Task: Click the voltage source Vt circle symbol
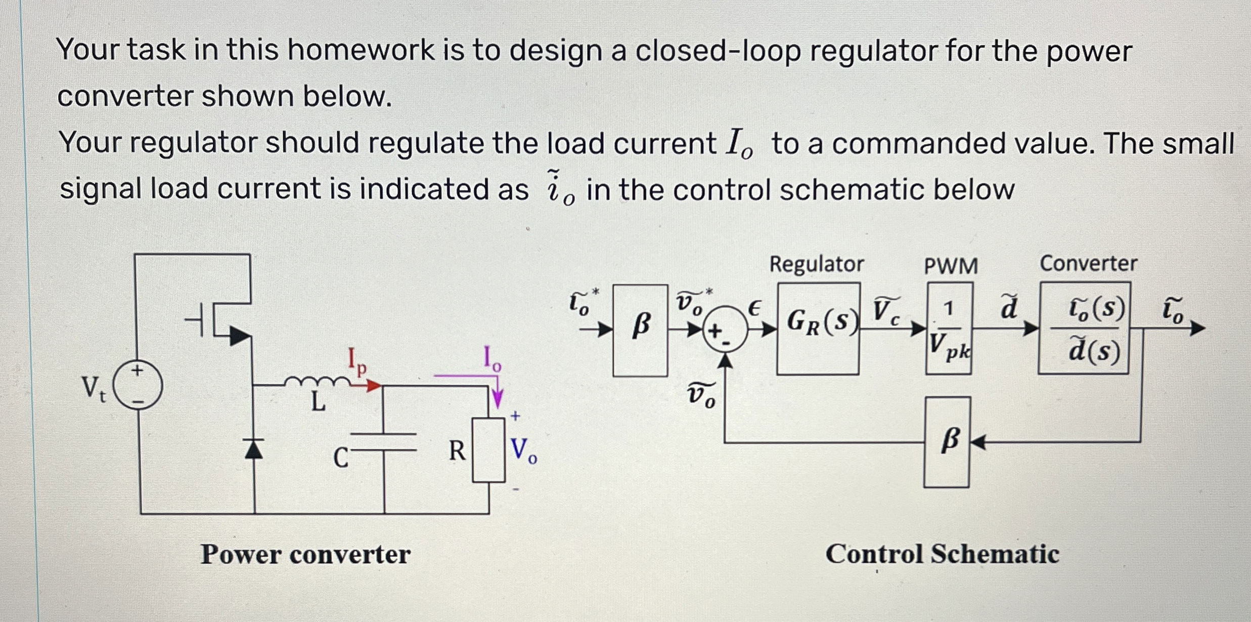(x=137, y=386)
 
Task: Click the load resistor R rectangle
(x=488, y=449)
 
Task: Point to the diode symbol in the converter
(x=254, y=448)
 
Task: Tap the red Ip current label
(x=357, y=361)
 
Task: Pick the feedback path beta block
(x=947, y=442)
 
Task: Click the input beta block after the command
(x=640, y=330)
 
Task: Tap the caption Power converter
(x=305, y=554)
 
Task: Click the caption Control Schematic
(x=942, y=554)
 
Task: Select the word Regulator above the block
(x=817, y=264)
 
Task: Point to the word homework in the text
(x=361, y=51)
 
